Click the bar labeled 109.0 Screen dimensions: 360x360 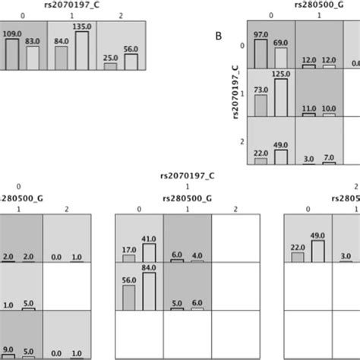[x=12, y=54]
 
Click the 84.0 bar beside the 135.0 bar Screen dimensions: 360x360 [x=62, y=58]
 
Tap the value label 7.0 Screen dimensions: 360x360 [x=329, y=156]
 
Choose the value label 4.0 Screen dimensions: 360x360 [x=197, y=254]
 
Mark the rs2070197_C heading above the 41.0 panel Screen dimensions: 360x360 [x=187, y=177]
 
